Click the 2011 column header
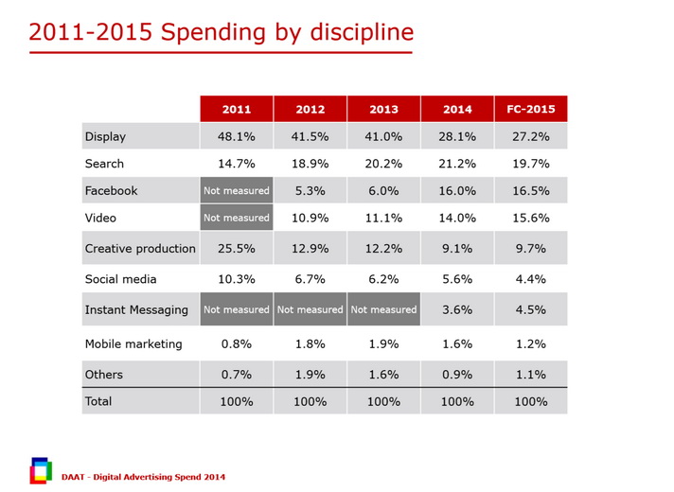[x=236, y=110]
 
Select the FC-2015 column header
[x=530, y=110]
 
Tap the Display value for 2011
[x=236, y=136]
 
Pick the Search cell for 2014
[x=457, y=164]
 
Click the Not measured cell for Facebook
[x=236, y=190]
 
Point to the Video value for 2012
[x=310, y=218]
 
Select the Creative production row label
[x=140, y=249]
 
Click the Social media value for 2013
[x=383, y=279]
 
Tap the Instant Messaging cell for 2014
[x=457, y=309]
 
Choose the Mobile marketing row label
[x=133, y=343]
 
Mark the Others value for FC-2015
[x=530, y=375]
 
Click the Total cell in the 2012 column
[x=310, y=401]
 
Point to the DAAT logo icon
[x=41, y=470]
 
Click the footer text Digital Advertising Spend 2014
[x=151, y=477]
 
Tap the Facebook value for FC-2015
[x=530, y=190]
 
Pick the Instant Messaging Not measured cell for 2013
[x=383, y=309]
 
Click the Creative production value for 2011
[x=236, y=249]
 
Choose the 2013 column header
[x=383, y=110]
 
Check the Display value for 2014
[x=457, y=136]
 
